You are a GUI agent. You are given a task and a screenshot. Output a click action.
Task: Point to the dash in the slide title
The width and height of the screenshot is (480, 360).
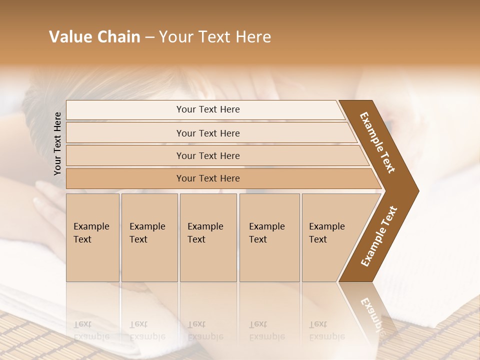(149, 37)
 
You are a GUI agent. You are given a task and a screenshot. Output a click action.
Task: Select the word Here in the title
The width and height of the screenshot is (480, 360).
(253, 37)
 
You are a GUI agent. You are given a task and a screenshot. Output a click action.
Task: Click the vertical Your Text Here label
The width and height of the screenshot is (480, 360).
(57, 143)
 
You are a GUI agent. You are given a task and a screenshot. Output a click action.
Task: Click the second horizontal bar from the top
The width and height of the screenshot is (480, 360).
(208, 133)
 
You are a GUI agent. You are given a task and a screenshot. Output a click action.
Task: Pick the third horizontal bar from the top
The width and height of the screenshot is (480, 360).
(208, 155)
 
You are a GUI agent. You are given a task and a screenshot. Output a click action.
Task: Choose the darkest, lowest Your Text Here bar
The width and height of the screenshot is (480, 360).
(208, 178)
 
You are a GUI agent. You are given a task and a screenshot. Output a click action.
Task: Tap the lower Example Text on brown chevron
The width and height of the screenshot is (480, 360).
(378, 236)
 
